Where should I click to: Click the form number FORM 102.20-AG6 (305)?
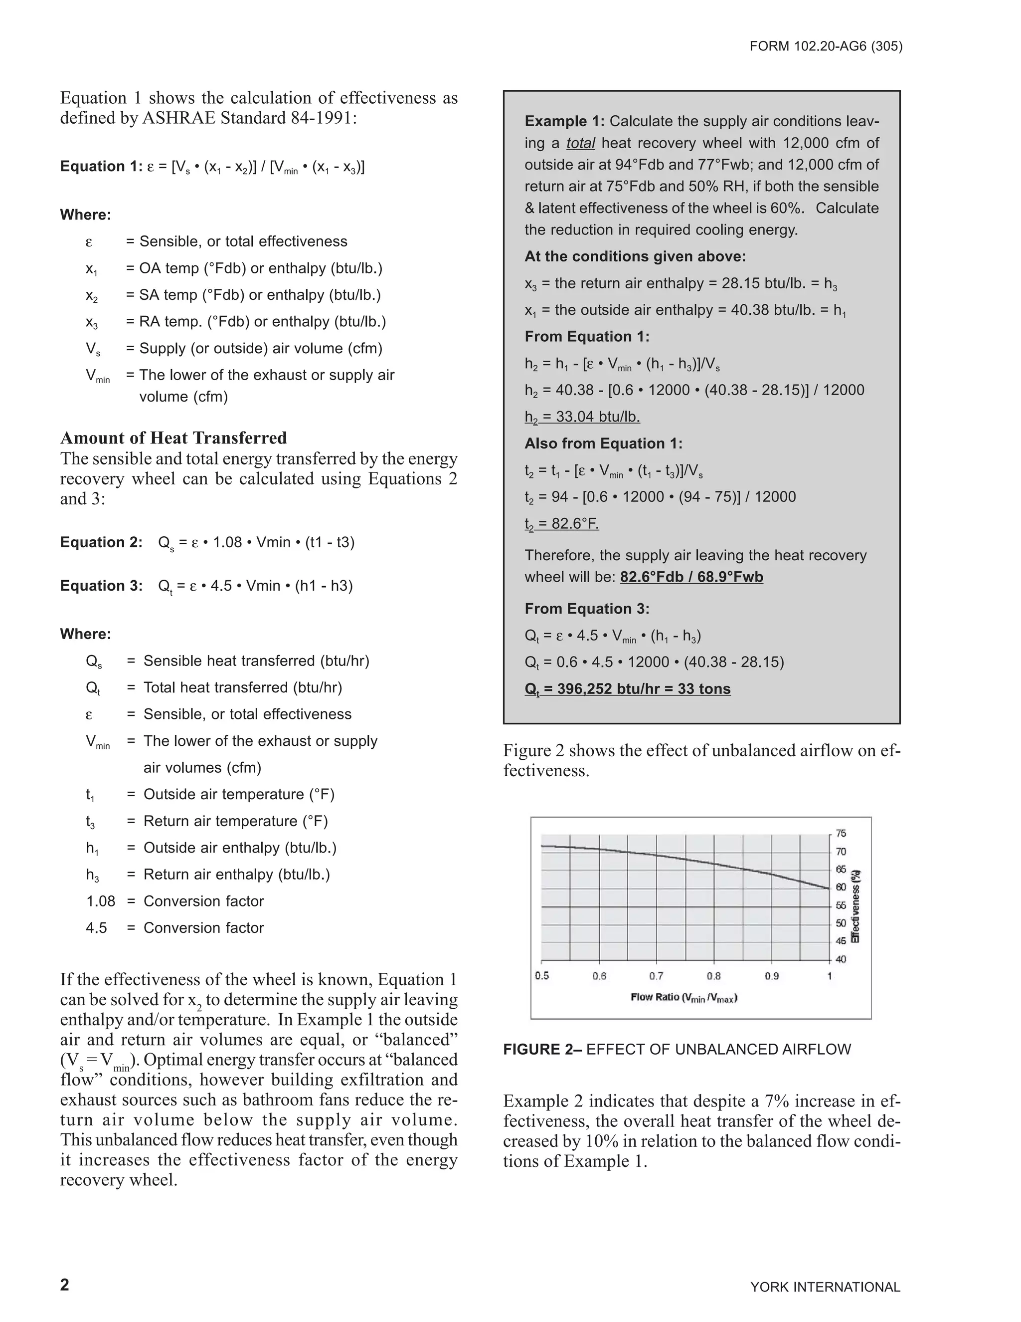[826, 46]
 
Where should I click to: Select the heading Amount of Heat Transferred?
[173, 438]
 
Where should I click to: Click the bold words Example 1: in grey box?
[564, 121]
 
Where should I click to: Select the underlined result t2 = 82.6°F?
[561, 524]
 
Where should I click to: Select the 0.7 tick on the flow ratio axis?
[656, 976]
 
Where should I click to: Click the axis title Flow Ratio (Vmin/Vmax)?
[684, 998]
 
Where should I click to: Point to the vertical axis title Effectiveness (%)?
[855, 906]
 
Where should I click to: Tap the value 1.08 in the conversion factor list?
[100, 901]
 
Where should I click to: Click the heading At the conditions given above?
[635, 256]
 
